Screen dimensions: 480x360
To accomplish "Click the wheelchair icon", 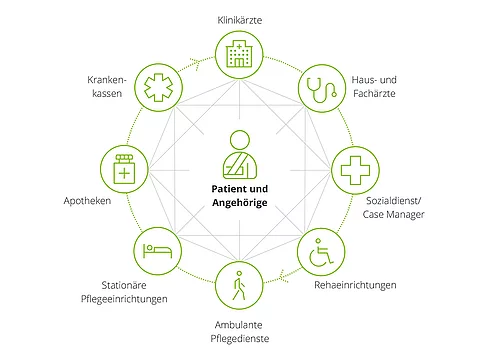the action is pyautogui.click(x=323, y=250).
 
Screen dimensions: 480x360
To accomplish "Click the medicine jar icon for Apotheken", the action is pyautogui.click(x=124, y=169).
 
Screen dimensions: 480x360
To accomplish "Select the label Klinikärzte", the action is pyautogui.click(x=240, y=19).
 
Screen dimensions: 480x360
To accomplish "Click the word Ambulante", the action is pyautogui.click(x=240, y=324).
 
